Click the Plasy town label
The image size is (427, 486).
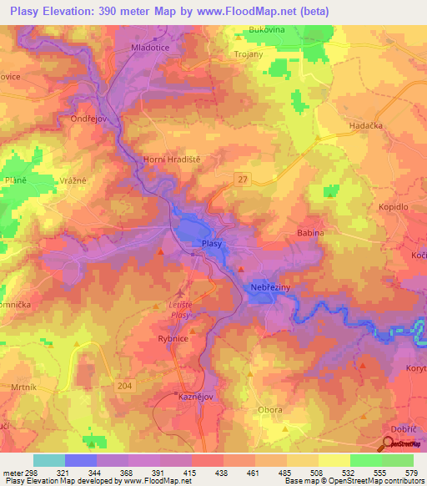pyautogui.click(x=212, y=243)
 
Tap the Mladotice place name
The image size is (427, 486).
pyautogui.click(x=152, y=48)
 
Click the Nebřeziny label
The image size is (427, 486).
pyautogui.click(x=269, y=288)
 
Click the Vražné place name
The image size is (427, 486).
pyautogui.click(x=73, y=180)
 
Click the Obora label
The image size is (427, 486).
pyautogui.click(x=270, y=410)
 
